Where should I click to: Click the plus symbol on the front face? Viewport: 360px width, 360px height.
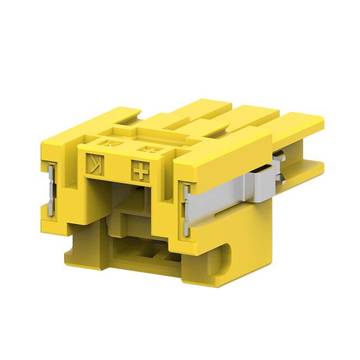pos(139,169)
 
